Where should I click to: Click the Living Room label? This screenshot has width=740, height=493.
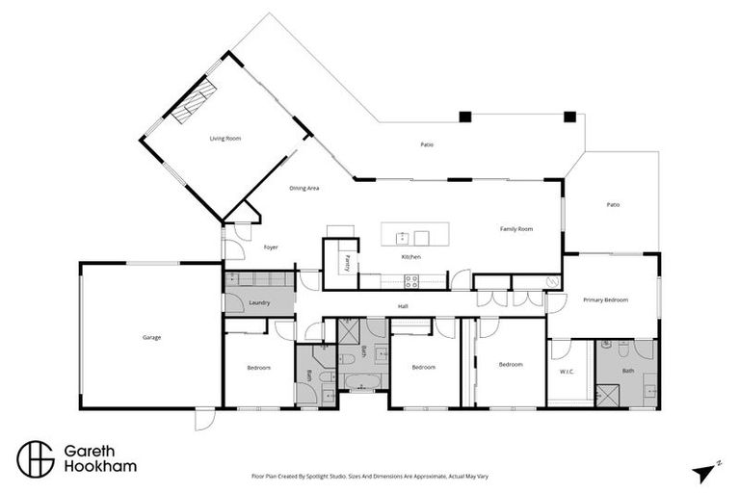click(225, 139)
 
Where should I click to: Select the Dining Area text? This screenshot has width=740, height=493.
click(304, 188)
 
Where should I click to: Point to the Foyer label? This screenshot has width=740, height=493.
click(271, 247)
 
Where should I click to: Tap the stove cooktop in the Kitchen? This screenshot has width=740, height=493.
click(411, 282)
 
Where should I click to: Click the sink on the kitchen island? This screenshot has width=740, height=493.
click(401, 237)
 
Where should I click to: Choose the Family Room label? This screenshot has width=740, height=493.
click(515, 229)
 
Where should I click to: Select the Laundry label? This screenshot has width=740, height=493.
click(258, 303)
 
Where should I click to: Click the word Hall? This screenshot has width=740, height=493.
click(404, 307)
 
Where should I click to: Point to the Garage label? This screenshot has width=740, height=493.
click(151, 337)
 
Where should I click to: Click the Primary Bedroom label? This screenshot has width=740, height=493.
click(605, 300)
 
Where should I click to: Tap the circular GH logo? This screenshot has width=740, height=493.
click(36, 458)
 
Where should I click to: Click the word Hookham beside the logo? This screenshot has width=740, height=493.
click(99, 467)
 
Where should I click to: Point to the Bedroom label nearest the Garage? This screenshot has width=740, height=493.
click(257, 368)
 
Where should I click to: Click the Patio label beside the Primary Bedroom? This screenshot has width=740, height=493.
click(613, 204)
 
